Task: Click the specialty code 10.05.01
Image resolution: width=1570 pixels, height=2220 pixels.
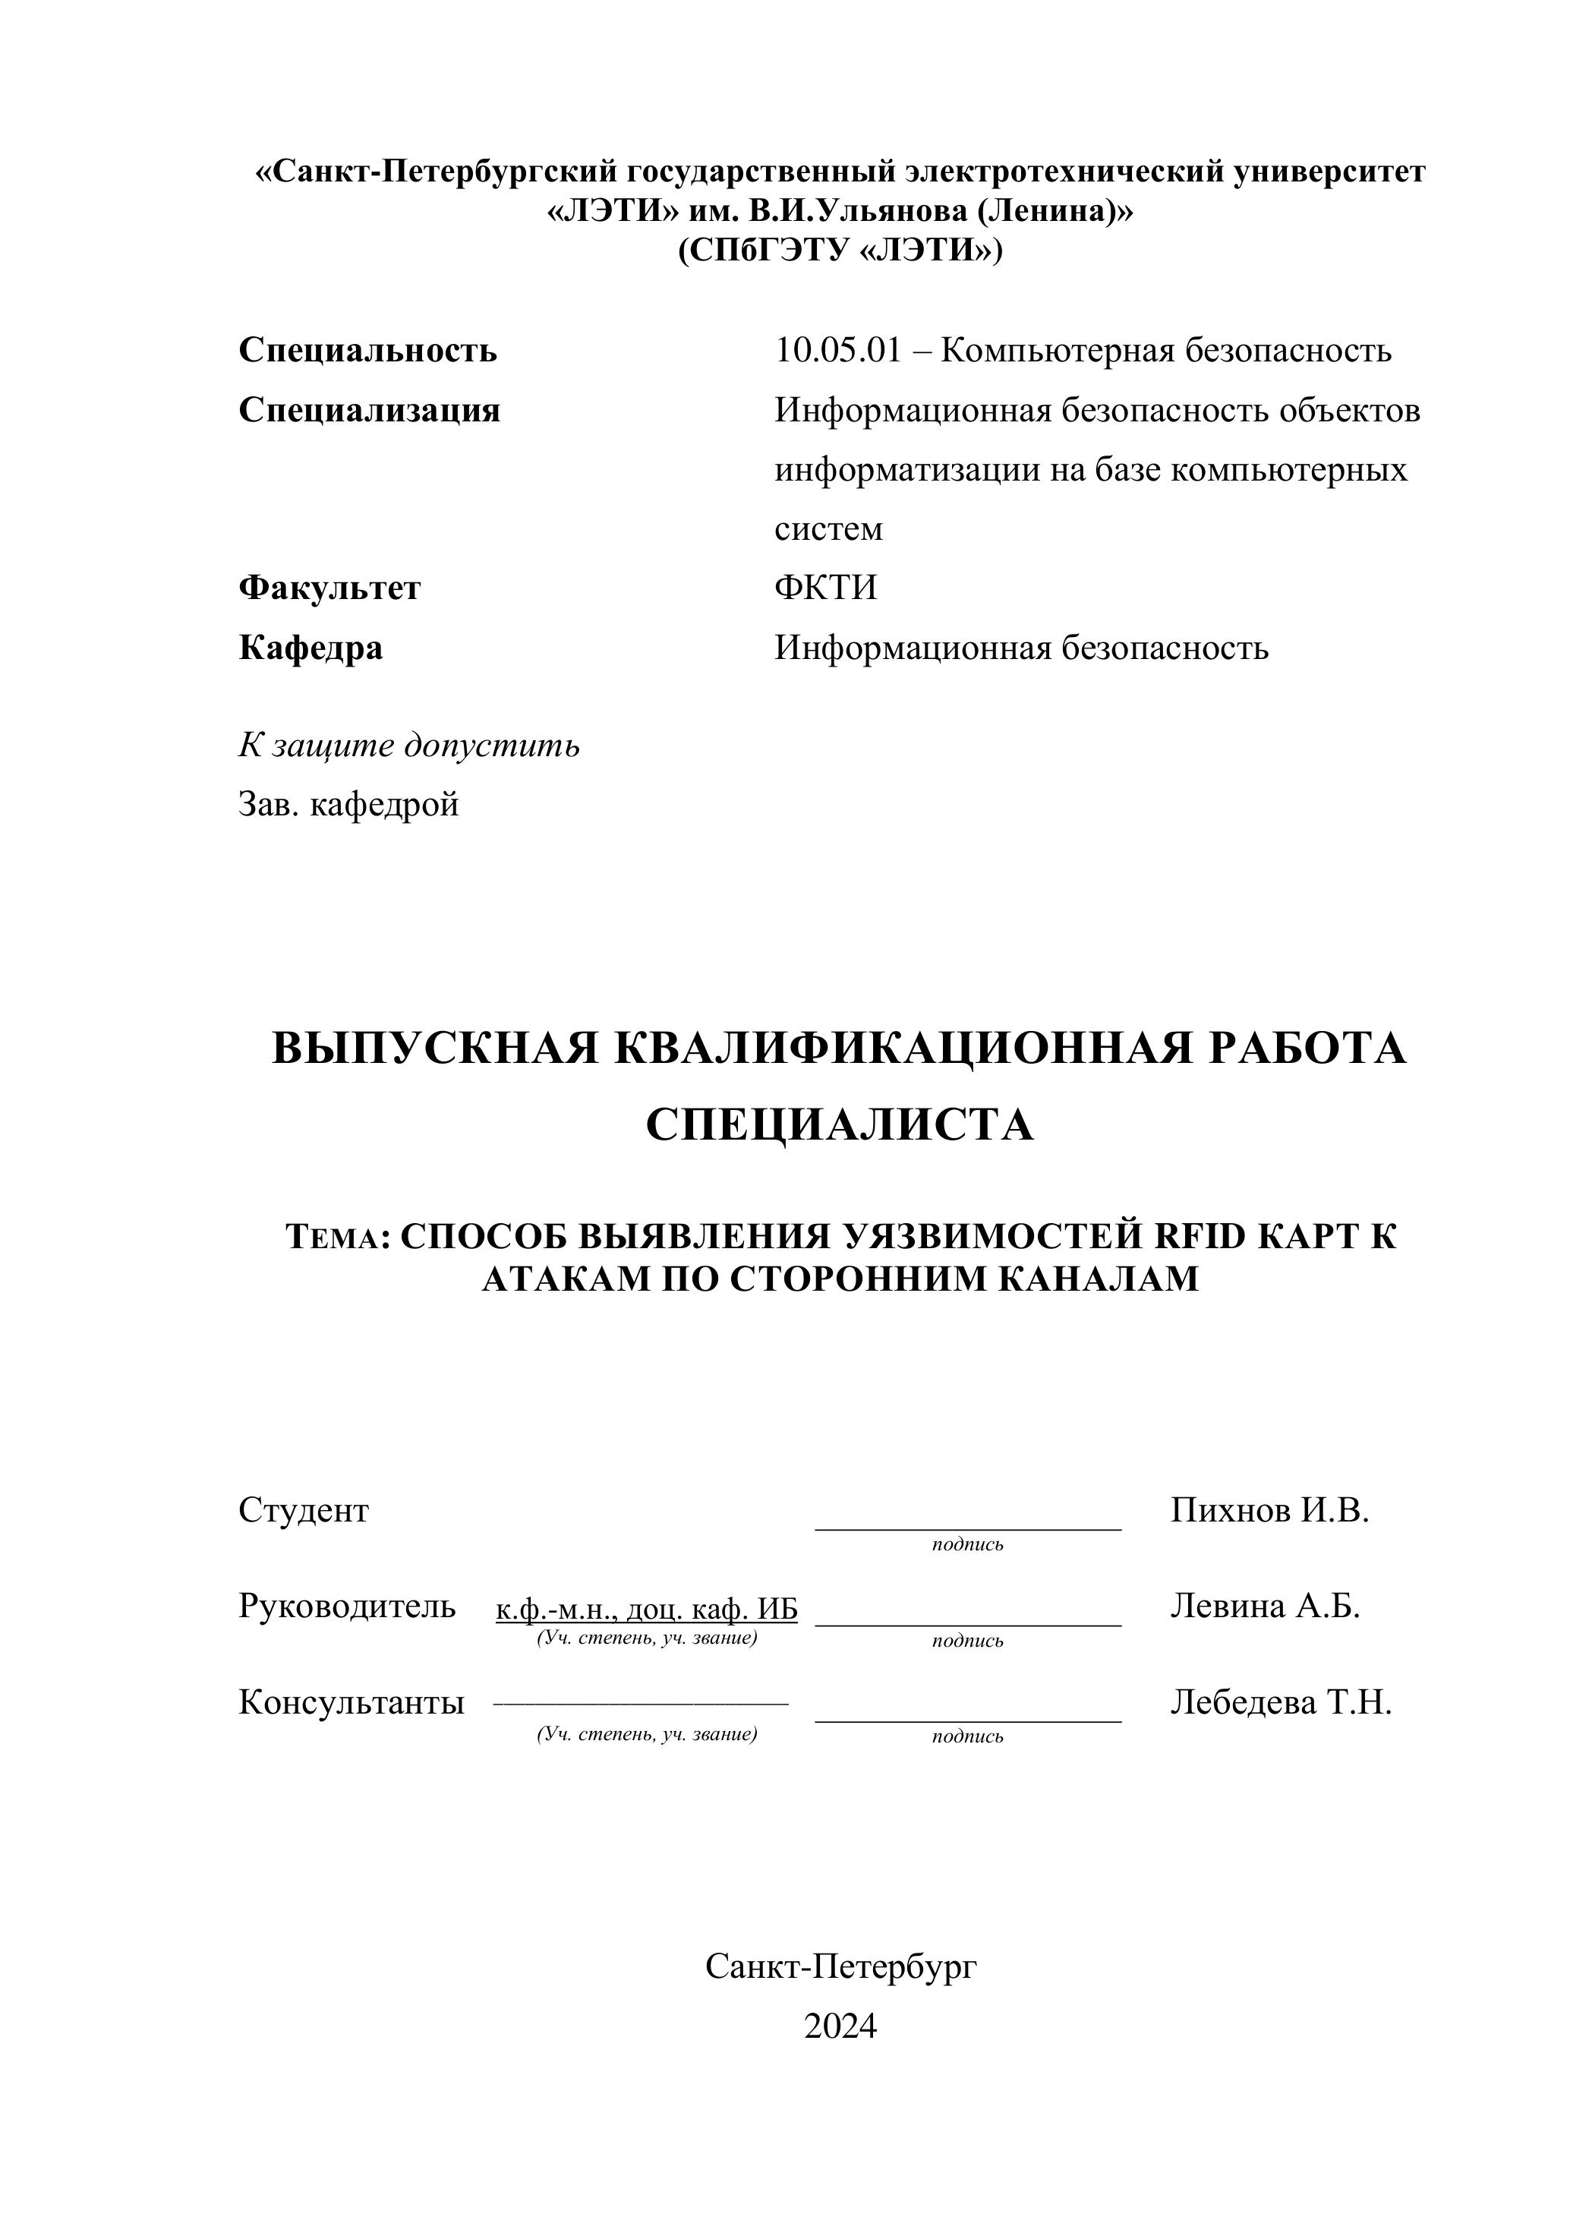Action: [837, 350]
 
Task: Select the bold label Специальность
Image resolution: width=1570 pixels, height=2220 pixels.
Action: [367, 350]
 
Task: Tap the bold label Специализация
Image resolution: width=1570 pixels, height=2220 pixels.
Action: [369, 410]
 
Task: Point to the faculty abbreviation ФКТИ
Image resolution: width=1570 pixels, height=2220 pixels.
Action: [825, 588]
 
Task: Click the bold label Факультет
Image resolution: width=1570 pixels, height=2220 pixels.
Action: [329, 588]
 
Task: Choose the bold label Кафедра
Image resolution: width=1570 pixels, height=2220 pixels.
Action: [311, 647]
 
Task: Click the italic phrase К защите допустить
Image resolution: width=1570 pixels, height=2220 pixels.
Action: [409, 746]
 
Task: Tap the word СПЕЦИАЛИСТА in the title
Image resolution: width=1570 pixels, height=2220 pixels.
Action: [839, 1125]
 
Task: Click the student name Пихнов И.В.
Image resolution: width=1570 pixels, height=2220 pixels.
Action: [1269, 1510]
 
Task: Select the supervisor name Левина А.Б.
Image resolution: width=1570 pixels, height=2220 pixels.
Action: [1265, 1606]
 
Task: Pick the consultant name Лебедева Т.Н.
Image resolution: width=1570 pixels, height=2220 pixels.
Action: [1281, 1701]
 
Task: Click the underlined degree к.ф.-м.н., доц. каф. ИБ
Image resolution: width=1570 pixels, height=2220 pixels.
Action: [647, 1610]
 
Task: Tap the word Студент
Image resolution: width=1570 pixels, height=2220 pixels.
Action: [304, 1510]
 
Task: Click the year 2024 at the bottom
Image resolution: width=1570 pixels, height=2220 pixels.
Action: [840, 2026]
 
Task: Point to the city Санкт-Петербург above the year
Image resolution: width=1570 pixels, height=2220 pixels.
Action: [841, 1966]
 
